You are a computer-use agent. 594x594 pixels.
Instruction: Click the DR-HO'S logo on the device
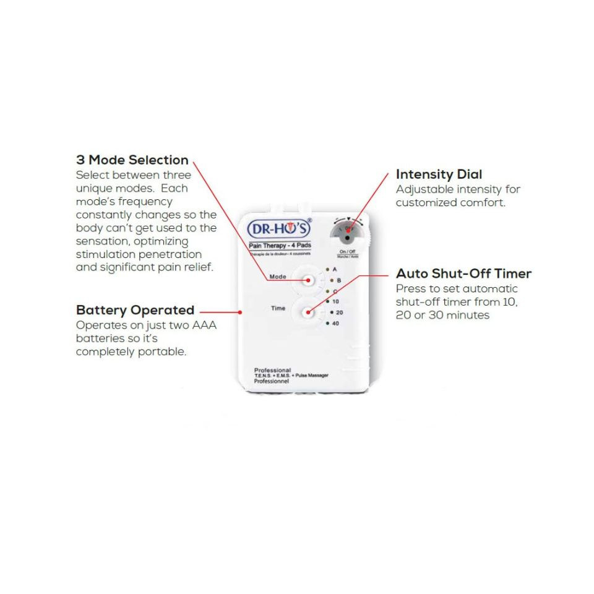tap(280, 228)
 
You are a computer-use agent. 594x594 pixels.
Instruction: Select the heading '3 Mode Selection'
tap(132, 160)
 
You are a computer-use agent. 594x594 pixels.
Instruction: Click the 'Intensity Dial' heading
tap(439, 174)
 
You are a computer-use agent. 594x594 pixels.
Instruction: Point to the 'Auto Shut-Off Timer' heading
tap(463, 273)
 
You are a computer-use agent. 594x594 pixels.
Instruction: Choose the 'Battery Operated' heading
tap(135, 310)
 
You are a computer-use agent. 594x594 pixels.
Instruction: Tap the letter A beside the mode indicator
tap(335, 270)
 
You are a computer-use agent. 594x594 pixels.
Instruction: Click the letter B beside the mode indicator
tap(338, 280)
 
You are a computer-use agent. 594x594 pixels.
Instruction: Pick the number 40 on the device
tap(336, 323)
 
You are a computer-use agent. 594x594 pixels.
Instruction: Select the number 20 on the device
tap(339, 312)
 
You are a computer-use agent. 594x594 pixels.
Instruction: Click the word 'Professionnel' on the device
tap(272, 382)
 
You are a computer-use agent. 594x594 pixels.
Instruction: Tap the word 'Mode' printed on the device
tap(278, 277)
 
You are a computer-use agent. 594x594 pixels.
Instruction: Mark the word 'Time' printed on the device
tap(278, 308)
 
